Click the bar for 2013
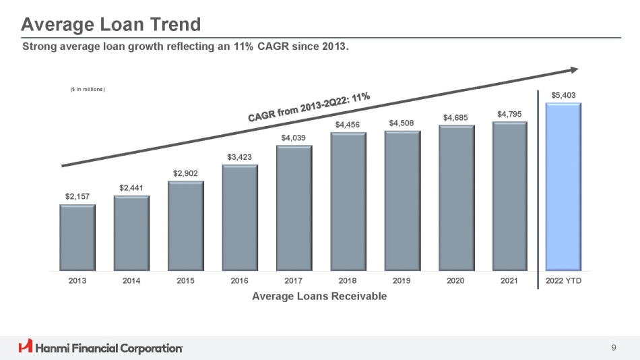click(77, 237)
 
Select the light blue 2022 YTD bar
click(563, 187)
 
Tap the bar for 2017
click(294, 208)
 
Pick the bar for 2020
click(456, 198)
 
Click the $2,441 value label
click(131, 187)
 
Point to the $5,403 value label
click(563, 96)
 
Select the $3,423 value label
click(239, 157)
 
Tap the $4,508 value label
click(402, 123)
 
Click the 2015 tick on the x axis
click(185, 281)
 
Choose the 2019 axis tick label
click(402, 281)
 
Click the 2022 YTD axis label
click(563, 281)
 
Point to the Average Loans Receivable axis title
click(319, 297)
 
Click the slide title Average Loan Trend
click(110, 25)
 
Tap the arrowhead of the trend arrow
click(574, 69)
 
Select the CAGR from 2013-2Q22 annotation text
click(309, 107)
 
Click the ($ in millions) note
click(88, 89)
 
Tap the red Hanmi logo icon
click(26, 347)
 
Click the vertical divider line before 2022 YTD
click(538, 189)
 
